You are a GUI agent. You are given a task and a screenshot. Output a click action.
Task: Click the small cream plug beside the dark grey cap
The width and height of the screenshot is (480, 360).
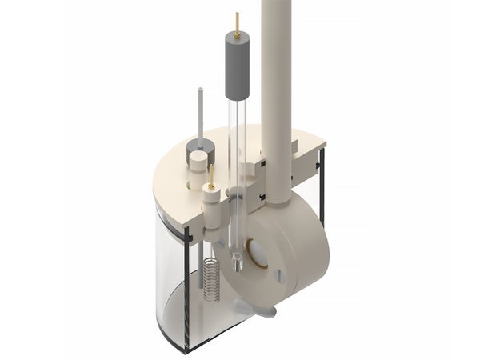click(x=196, y=169)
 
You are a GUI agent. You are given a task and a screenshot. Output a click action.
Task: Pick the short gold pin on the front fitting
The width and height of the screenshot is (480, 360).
click(x=210, y=178)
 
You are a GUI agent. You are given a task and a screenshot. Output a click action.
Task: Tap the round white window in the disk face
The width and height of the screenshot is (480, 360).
click(x=259, y=254)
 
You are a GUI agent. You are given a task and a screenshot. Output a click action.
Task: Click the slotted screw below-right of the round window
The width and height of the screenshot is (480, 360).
click(x=280, y=277)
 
